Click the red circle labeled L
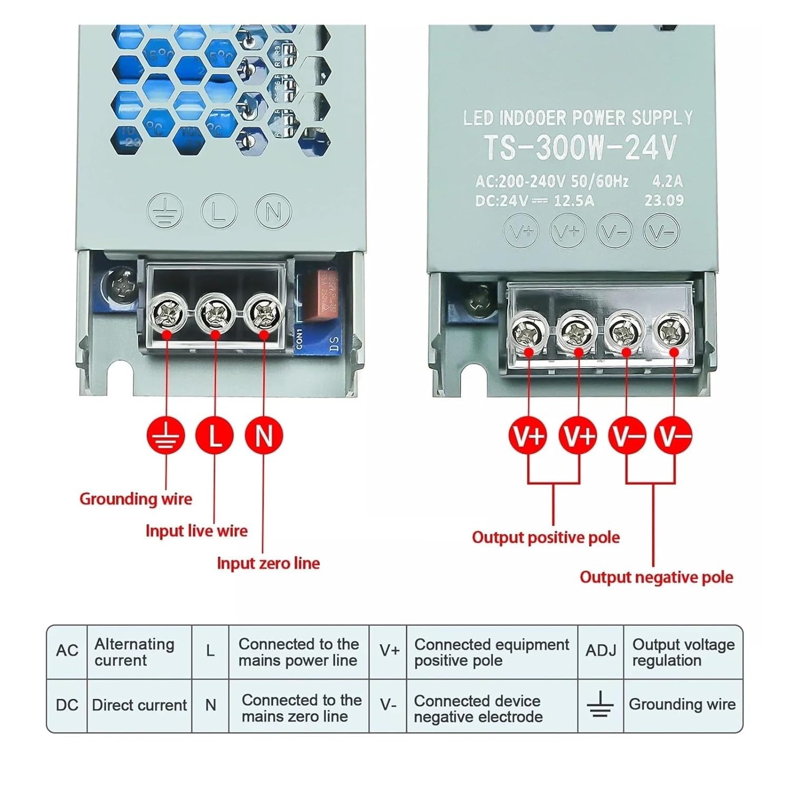[x=214, y=436]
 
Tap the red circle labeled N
[x=264, y=436]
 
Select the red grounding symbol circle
[x=166, y=436]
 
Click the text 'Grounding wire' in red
[x=136, y=499]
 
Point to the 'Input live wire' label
[x=196, y=530]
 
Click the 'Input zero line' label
[x=268, y=563]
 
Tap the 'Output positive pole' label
[x=546, y=537]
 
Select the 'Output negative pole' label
[x=656, y=577]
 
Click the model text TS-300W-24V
[x=580, y=147]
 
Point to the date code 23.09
[x=664, y=200]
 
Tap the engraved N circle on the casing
[x=273, y=211]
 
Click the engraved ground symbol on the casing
[x=165, y=211]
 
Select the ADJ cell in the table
[x=600, y=651]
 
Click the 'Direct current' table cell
[x=139, y=705]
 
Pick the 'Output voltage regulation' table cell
[x=683, y=652]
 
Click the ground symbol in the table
[x=600, y=704]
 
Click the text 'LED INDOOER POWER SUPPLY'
[x=578, y=118]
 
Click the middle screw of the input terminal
[x=214, y=314]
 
